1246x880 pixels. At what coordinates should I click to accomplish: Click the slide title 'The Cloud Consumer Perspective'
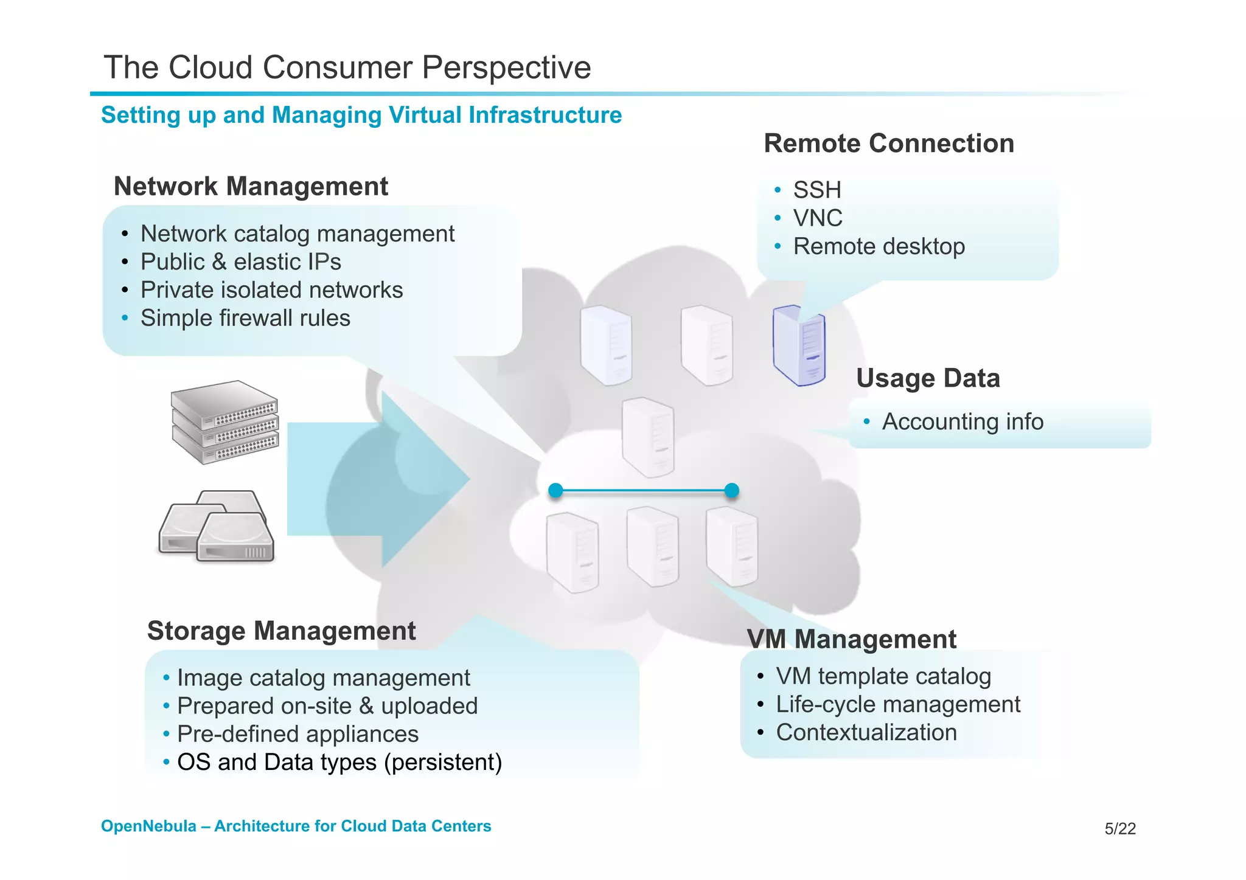coord(347,67)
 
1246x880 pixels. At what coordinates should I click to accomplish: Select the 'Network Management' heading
coord(251,186)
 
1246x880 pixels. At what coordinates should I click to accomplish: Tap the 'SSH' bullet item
coord(816,190)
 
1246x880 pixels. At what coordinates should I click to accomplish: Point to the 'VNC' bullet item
coord(818,218)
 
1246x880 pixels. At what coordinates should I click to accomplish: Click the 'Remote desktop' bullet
coord(879,247)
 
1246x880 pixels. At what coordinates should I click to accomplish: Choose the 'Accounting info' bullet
coord(962,421)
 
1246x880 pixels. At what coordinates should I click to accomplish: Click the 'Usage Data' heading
coord(928,378)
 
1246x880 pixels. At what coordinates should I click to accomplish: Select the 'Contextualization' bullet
coord(866,733)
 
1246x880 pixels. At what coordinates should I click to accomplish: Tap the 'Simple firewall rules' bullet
coord(245,318)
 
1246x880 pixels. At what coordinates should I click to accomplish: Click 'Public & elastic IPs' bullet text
coord(240,262)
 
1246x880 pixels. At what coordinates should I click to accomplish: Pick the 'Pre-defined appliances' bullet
coord(298,734)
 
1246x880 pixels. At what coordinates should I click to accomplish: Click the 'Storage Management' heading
coord(281,631)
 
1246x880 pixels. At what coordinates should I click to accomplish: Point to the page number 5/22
coord(1119,829)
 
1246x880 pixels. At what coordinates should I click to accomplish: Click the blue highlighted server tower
coord(799,345)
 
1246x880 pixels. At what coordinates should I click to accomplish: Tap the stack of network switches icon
coord(224,422)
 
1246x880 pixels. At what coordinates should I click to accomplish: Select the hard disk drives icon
coord(217,526)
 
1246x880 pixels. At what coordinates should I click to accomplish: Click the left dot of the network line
coord(555,490)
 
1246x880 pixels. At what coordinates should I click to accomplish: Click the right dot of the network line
coord(732,490)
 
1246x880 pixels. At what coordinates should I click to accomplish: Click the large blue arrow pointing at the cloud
coord(377,479)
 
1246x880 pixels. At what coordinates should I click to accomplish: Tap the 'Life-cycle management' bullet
coord(897,705)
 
